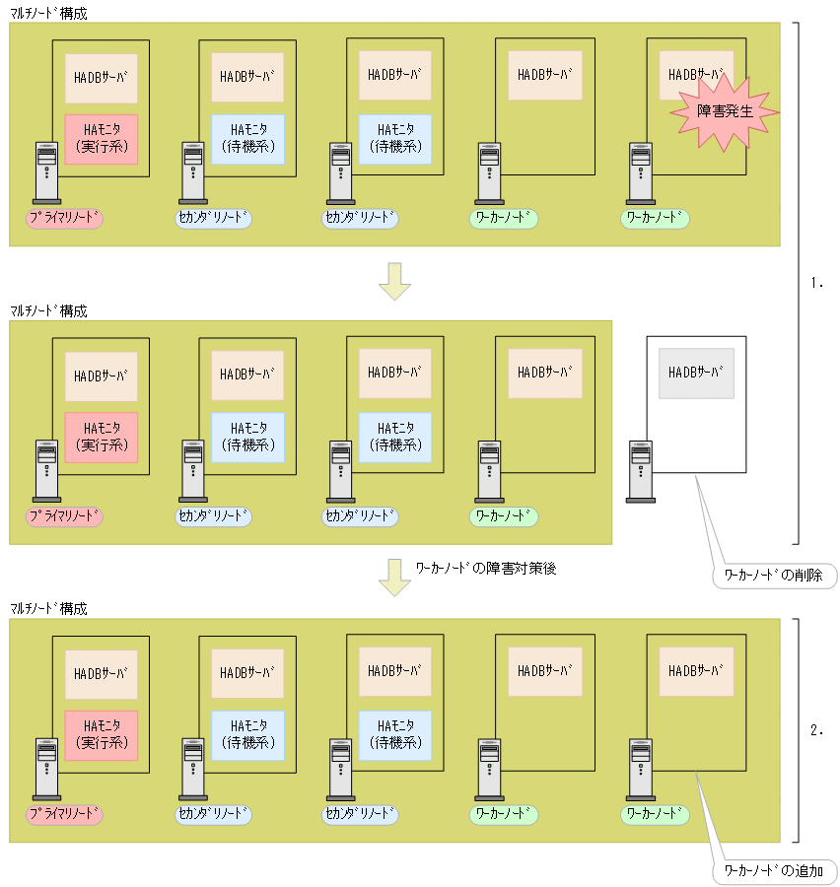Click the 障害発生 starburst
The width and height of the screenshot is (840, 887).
click(x=725, y=111)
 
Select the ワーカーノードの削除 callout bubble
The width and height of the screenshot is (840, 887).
click(x=774, y=574)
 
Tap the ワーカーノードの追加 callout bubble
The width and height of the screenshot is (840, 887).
click(x=774, y=871)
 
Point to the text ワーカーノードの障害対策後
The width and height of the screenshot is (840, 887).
click(x=486, y=569)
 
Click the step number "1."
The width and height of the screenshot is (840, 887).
click(x=815, y=282)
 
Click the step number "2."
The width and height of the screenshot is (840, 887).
click(x=815, y=730)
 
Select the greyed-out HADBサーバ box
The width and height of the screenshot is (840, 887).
click(x=696, y=373)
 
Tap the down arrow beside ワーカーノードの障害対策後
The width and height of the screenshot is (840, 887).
click(x=394, y=578)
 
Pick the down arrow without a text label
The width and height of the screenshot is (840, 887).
click(x=394, y=280)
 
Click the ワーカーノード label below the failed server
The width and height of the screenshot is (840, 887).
click(x=655, y=219)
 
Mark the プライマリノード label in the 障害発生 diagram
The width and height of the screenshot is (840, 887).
click(x=65, y=219)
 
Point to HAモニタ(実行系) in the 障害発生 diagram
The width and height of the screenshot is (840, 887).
click(x=102, y=139)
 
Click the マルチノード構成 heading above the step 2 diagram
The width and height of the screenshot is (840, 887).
click(x=48, y=609)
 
